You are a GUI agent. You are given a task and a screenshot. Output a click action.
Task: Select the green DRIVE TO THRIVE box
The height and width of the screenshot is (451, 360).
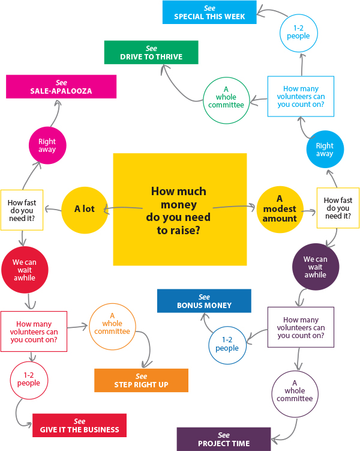coord(151,52)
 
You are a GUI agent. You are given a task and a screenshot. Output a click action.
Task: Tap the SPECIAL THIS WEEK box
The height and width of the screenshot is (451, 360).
coord(209,12)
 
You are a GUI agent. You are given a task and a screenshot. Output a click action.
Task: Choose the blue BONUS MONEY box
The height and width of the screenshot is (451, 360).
coord(203,300)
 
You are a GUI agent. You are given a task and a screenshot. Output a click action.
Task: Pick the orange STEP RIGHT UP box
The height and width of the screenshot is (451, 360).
coord(141,380)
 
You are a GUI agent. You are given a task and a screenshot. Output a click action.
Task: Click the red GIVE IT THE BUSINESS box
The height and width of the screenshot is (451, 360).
coord(79,425)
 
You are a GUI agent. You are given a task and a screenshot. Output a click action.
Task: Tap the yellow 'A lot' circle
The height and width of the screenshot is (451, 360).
coord(84,210)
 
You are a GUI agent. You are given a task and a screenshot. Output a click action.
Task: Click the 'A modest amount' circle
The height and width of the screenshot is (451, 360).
coord(279,210)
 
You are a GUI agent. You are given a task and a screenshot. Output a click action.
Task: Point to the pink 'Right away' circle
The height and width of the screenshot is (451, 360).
coord(47,146)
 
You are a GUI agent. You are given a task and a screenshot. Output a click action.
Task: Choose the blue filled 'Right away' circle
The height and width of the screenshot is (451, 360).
coord(325,150)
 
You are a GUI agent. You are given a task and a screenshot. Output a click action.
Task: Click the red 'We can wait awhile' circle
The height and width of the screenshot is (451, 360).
coord(24,270)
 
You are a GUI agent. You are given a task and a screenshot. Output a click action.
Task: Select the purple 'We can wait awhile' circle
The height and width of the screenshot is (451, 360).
coord(314,267)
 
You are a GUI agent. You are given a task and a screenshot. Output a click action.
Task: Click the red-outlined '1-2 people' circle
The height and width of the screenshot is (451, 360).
coord(28,379)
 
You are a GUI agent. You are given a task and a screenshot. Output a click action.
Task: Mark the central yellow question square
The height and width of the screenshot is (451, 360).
coord(179,209)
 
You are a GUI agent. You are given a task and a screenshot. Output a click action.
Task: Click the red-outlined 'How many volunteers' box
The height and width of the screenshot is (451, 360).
coord(34,331)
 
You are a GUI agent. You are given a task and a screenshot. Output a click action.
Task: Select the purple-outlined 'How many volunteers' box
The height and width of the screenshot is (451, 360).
coord(301,327)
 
